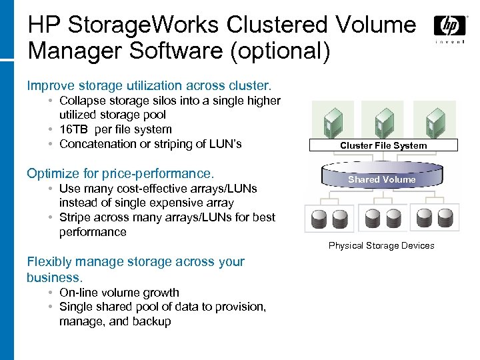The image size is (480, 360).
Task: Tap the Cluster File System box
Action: point(383,145)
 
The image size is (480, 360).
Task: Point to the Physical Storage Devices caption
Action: point(381,245)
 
